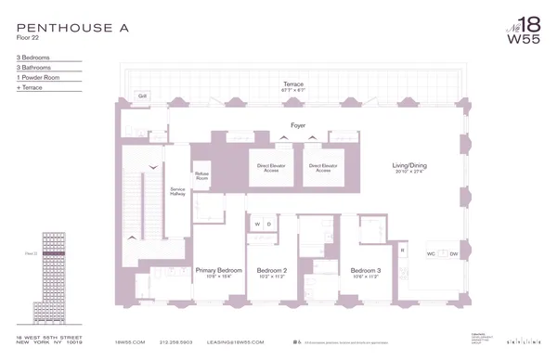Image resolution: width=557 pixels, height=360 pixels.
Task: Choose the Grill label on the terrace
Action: tap(143, 96)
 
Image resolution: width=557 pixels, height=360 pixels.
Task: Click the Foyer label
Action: tap(299, 123)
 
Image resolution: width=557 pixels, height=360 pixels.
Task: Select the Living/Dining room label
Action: tap(408, 166)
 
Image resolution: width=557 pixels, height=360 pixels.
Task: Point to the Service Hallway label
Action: tap(177, 192)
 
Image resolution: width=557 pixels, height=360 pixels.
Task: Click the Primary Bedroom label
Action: tap(219, 271)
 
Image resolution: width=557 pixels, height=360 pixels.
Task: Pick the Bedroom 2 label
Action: tap(272, 271)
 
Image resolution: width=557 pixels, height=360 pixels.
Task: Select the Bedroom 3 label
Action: tap(365, 271)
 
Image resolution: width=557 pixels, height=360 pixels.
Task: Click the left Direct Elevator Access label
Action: tap(270, 168)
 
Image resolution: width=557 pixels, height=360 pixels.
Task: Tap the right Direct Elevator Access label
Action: tap(322, 168)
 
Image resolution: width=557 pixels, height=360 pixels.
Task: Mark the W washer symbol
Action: tap(257, 225)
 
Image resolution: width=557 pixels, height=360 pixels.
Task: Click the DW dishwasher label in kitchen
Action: tap(452, 253)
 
